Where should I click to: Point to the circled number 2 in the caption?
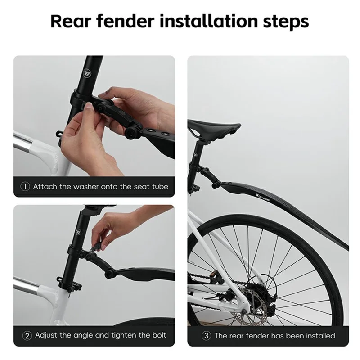coord(27,335)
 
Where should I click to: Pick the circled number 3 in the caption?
coord(206,335)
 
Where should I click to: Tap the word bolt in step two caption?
coord(157,335)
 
